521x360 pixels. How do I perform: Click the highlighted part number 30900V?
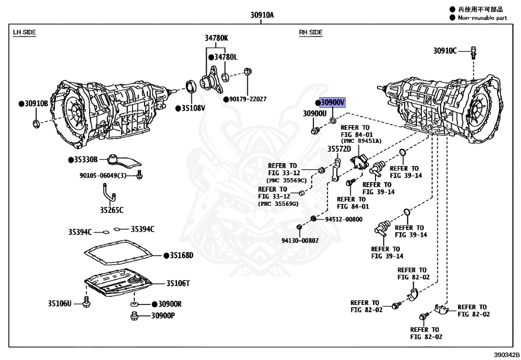(x=332, y=102)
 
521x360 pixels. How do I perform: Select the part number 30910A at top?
(x=262, y=15)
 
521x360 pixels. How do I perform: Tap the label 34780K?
(x=217, y=38)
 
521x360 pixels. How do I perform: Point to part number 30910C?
(x=445, y=50)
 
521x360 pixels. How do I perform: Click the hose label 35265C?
(x=111, y=209)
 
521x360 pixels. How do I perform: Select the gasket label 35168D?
(x=181, y=255)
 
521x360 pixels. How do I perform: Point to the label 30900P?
(x=162, y=316)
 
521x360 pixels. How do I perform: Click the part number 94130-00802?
(x=300, y=240)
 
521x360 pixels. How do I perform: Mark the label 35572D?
(x=339, y=149)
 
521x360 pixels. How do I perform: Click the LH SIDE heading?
(x=24, y=32)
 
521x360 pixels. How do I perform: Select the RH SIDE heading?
(x=310, y=32)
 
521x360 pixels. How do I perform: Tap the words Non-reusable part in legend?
(x=482, y=18)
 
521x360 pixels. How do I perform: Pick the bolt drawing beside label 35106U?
(x=85, y=301)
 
